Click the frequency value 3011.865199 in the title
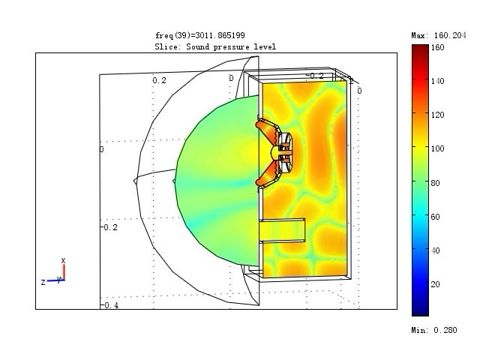[x=220, y=35]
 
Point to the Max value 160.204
[x=450, y=35]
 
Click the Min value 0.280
[x=445, y=330]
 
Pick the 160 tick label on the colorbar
[x=438, y=47]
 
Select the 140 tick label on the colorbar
[x=438, y=81]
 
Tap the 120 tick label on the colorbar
[x=438, y=115]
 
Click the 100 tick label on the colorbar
[x=438, y=148]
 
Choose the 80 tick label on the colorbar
[x=435, y=183]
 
